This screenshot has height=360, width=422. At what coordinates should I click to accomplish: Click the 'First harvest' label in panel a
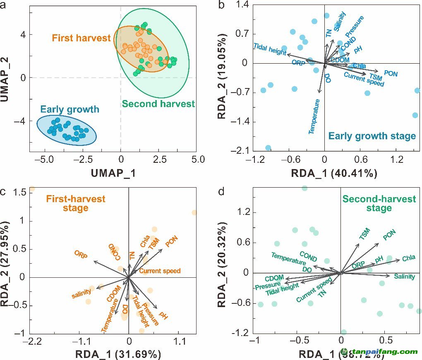[x=82, y=38]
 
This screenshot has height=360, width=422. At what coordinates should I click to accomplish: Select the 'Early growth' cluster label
[x=70, y=110]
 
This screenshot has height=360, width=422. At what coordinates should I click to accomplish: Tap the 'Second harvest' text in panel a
[x=158, y=104]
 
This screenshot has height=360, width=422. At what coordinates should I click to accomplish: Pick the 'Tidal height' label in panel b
[x=269, y=50]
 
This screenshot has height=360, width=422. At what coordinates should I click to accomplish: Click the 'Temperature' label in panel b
[x=314, y=116]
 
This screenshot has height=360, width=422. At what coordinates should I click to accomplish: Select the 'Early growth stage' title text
[x=372, y=136]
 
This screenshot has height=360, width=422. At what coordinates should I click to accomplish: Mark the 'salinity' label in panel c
[x=81, y=294]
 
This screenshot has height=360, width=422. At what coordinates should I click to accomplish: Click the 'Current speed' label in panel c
[x=160, y=271]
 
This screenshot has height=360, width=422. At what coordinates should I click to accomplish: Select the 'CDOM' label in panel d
[x=274, y=279]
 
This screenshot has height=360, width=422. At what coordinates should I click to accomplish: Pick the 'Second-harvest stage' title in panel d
[x=379, y=203]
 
